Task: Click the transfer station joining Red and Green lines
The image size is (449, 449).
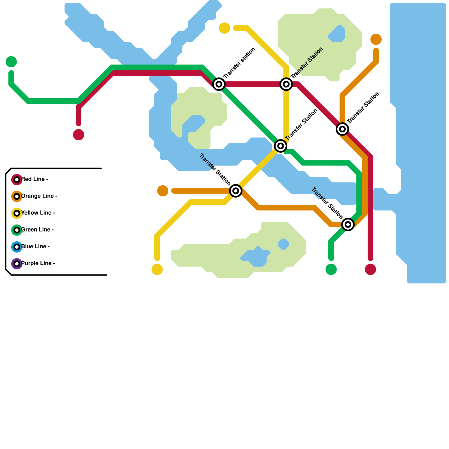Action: pyautogui.click(x=219, y=84)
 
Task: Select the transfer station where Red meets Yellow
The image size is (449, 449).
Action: pyautogui.click(x=286, y=84)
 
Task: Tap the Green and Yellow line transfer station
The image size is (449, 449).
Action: pyautogui.click(x=281, y=146)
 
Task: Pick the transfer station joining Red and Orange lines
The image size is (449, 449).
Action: pyautogui.click(x=342, y=129)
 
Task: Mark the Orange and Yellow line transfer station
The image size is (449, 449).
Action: pyautogui.click(x=236, y=191)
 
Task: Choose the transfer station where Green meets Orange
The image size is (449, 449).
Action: pyautogui.click(x=348, y=224)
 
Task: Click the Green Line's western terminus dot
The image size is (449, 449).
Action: pyautogui.click(x=11, y=62)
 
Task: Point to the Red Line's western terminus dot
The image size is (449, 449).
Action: pyautogui.click(x=79, y=135)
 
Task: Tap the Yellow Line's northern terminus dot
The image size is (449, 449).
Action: pyautogui.click(x=224, y=28)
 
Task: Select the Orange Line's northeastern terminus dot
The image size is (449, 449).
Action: pyautogui.click(x=376, y=39)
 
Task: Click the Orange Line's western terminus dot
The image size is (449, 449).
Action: pyautogui.click(x=163, y=191)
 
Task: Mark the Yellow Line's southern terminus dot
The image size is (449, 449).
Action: pyautogui.click(x=157, y=269)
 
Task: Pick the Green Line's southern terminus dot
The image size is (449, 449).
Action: pyautogui.click(x=331, y=269)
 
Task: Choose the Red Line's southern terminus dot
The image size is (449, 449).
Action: pyautogui.click(x=370, y=269)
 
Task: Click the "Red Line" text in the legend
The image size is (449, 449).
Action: pyautogui.click(x=35, y=179)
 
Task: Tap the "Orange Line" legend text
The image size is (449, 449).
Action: pyautogui.click(x=39, y=196)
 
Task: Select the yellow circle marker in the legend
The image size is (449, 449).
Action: pyautogui.click(x=17, y=213)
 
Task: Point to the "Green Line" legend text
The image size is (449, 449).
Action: pyautogui.click(x=37, y=230)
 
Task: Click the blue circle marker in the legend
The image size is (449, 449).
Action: pyautogui.click(x=17, y=247)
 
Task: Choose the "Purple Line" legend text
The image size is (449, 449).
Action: pyautogui.click(x=38, y=264)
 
